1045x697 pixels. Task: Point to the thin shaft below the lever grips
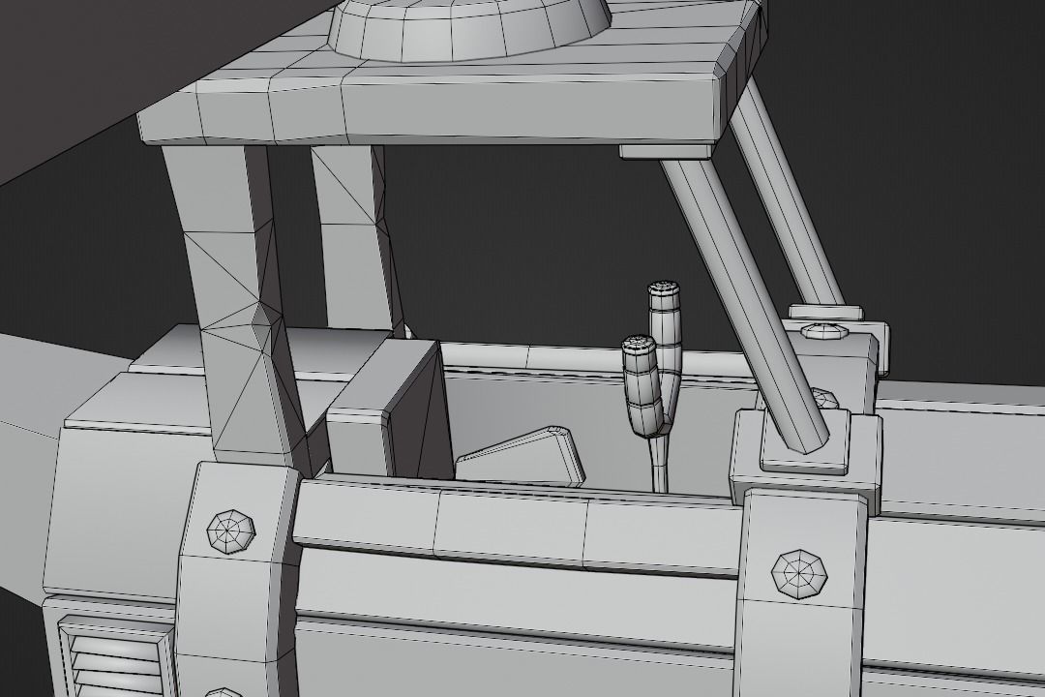pyautogui.click(x=659, y=465)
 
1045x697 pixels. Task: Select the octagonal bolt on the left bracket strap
pyautogui.click(x=232, y=530)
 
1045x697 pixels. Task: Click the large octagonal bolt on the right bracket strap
pyautogui.click(x=799, y=573)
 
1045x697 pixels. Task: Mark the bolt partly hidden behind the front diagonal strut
pyautogui.click(x=823, y=398)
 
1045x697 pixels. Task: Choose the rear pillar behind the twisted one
pyautogui.click(x=353, y=232)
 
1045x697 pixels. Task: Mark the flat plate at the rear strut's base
pyautogui.click(x=824, y=313)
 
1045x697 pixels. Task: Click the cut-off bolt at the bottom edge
pyautogui.click(x=224, y=692)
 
